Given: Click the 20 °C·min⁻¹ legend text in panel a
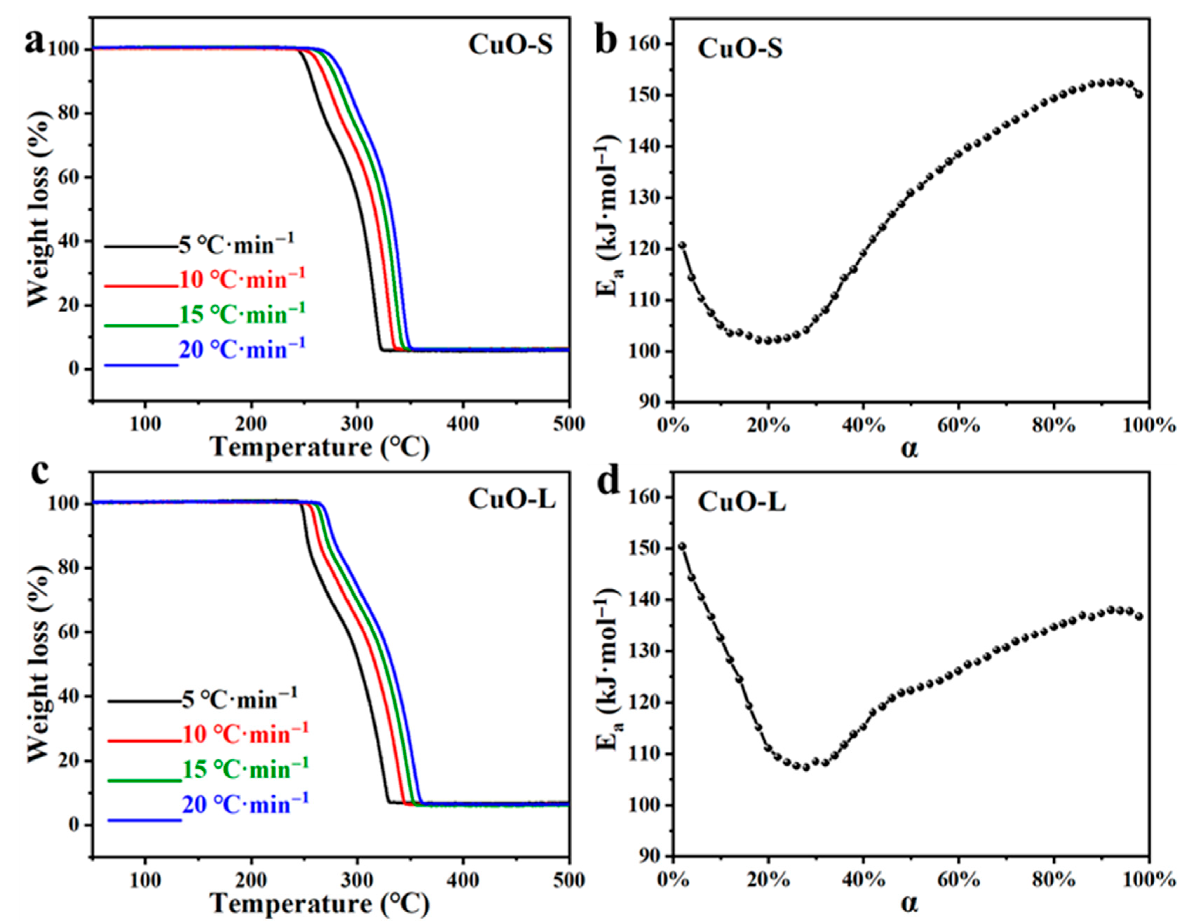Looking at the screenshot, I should click(242, 349).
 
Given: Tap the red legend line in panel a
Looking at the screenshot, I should click(141, 285).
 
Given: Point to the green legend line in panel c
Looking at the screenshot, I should click(144, 780).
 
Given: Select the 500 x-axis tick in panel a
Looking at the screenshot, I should click(568, 424).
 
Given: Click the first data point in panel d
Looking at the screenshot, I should click(682, 546).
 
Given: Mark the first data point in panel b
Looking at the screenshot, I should click(682, 245).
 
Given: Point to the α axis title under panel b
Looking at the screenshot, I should click(910, 448).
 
